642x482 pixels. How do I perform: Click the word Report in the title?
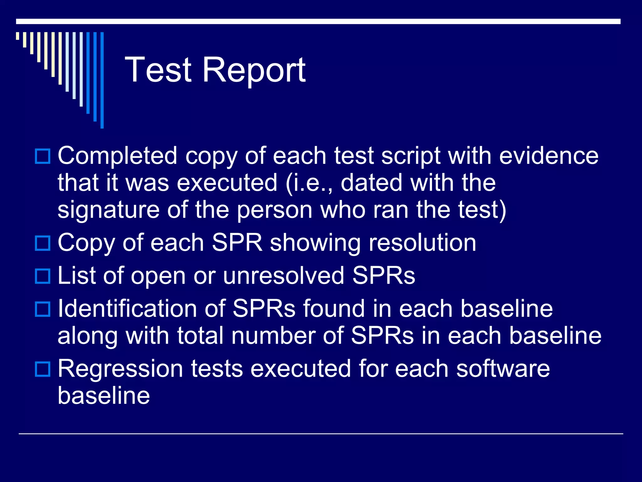click(254, 70)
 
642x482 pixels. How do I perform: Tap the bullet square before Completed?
click(42, 156)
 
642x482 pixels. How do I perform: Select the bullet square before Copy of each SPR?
click(42, 243)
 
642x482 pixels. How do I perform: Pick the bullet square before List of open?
click(42, 276)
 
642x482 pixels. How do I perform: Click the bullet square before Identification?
click(42, 309)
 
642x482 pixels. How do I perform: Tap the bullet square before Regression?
click(42, 369)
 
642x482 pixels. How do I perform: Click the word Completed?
click(118, 156)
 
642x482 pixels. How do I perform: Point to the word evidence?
click(549, 156)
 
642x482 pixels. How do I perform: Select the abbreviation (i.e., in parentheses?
click(309, 183)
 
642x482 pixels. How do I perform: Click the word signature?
click(108, 210)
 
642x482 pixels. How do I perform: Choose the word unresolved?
click(283, 276)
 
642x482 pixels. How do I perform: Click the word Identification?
click(141, 309)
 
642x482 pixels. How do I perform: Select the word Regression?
click(120, 369)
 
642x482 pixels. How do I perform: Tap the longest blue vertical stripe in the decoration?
click(102, 80)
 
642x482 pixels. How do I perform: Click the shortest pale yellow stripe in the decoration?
click(18, 36)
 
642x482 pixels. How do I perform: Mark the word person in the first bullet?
click(274, 210)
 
